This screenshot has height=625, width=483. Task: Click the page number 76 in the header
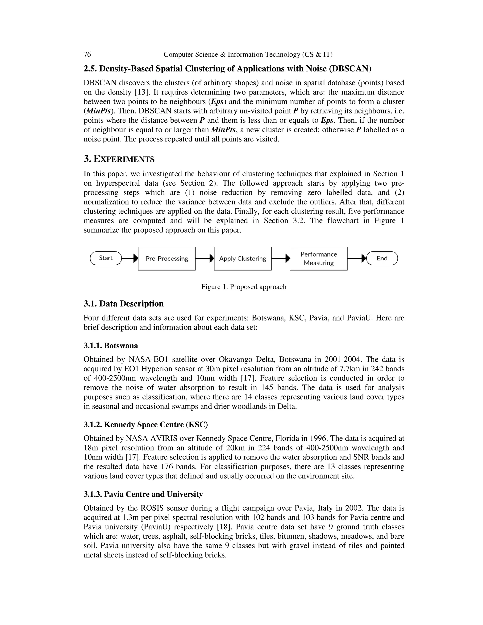87,54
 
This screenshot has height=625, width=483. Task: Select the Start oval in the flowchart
106,258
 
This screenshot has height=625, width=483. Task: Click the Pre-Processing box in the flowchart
167,259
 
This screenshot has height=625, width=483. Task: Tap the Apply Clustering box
242,259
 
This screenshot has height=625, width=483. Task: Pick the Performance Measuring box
318,259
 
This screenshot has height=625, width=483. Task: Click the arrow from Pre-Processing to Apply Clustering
204,259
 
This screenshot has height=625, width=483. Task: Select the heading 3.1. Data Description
124,304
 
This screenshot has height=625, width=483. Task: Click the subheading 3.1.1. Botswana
111,346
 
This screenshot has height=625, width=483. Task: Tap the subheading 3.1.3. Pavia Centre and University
143,494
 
